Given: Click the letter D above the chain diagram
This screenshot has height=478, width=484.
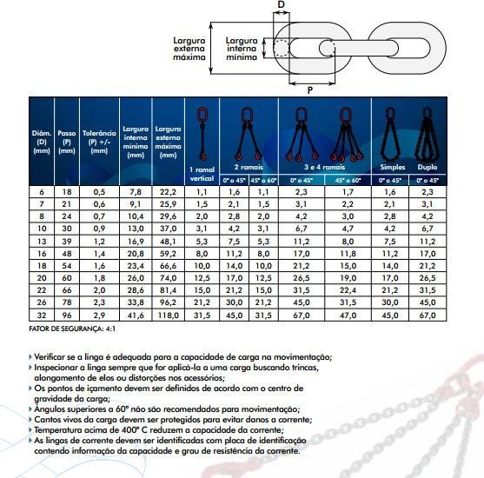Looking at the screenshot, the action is click(281, 4).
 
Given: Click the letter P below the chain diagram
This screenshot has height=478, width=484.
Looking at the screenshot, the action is click(310, 90).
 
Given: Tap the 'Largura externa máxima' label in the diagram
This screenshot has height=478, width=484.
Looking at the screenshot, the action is click(189, 49).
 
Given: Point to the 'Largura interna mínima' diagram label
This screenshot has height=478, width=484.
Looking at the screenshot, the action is click(242, 49).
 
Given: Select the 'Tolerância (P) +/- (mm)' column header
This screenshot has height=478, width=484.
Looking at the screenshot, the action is click(99, 142).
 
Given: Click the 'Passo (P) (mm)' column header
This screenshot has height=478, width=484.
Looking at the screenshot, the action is click(67, 142).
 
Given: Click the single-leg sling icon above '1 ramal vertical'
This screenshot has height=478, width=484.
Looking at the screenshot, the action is click(202, 135).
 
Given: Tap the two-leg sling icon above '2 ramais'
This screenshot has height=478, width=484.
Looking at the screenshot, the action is click(248, 134).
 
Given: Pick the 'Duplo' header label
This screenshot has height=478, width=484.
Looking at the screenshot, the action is click(428, 167).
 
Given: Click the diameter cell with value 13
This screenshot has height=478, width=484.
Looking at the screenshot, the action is click(42, 242).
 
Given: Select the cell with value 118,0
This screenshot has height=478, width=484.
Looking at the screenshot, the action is click(169, 315).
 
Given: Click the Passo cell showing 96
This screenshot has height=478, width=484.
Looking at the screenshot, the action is click(67, 315).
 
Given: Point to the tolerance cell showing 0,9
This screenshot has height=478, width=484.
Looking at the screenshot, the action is click(99, 229).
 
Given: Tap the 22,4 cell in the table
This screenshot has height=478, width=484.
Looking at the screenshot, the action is click(348, 290).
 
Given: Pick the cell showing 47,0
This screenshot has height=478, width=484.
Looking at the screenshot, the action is click(348, 315).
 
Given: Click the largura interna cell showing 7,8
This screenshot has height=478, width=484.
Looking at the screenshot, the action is click(136, 192).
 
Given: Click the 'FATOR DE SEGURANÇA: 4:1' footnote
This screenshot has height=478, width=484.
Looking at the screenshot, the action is click(72, 329).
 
